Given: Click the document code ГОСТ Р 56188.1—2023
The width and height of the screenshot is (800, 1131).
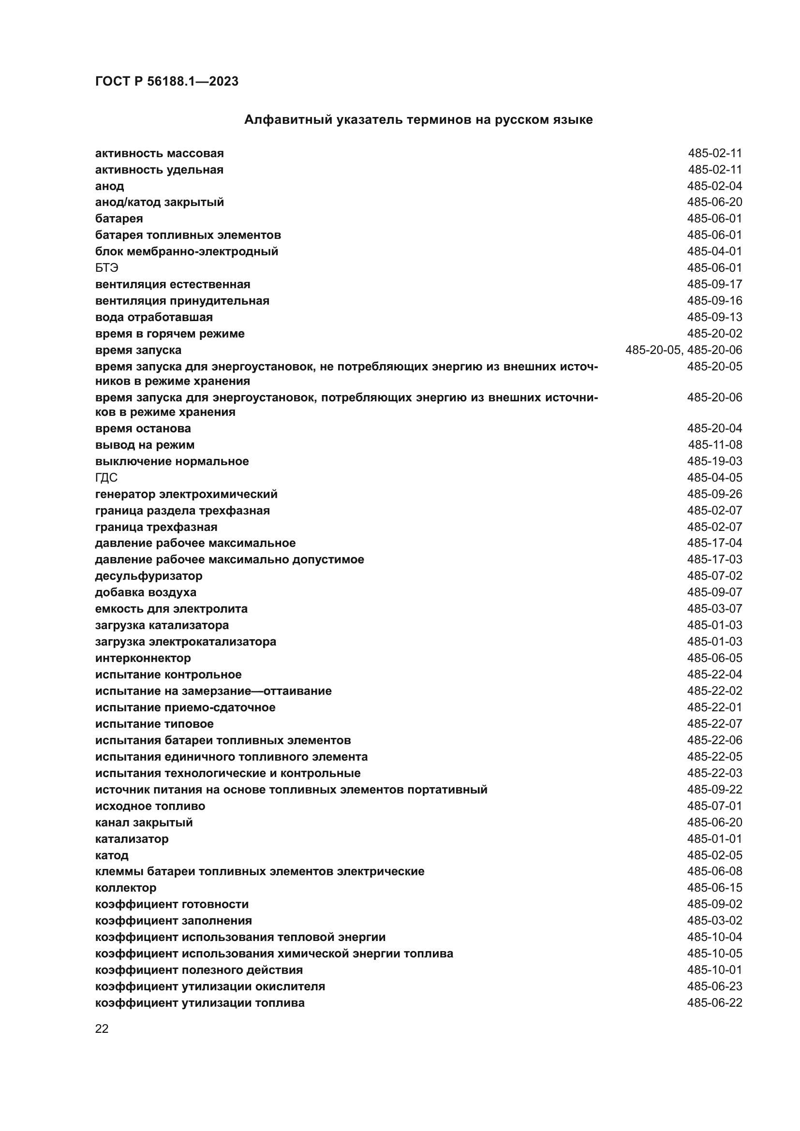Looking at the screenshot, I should tap(166, 81).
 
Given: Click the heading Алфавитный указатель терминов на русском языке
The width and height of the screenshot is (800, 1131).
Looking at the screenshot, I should tap(418, 120).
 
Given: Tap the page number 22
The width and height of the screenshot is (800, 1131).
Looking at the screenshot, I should tap(102, 1028).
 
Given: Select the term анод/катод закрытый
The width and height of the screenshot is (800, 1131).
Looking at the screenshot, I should tap(159, 202).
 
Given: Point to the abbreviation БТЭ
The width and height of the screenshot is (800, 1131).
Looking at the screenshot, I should tap(106, 268).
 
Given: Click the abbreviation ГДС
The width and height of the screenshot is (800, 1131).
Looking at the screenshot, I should tap(106, 478).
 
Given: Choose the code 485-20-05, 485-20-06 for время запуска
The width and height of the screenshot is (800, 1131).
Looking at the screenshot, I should tap(683, 350).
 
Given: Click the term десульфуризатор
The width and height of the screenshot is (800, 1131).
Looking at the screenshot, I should tap(148, 576).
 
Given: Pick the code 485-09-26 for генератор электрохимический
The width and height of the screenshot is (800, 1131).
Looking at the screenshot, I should tap(714, 494).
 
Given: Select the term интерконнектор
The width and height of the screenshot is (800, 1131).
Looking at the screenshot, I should tap(143, 658).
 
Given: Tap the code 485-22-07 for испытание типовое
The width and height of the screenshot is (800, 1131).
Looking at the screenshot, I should tap(714, 724).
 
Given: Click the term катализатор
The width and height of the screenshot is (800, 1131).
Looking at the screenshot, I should tap(132, 838).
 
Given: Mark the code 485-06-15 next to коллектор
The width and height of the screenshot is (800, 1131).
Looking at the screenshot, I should tap(714, 888).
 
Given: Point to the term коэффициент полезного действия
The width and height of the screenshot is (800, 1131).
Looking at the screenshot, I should tap(198, 970).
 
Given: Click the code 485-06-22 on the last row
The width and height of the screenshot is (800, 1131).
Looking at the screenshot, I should tap(714, 1003).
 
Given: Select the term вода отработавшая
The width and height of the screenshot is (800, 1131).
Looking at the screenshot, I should tap(154, 317).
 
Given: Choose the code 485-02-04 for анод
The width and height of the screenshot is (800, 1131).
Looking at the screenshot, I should tap(714, 186).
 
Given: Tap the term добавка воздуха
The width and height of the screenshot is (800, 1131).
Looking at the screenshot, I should tap(145, 592).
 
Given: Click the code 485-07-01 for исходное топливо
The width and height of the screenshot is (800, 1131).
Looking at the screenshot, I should tap(714, 806).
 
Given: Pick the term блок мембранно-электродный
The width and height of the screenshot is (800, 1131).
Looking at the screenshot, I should tap(186, 252).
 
